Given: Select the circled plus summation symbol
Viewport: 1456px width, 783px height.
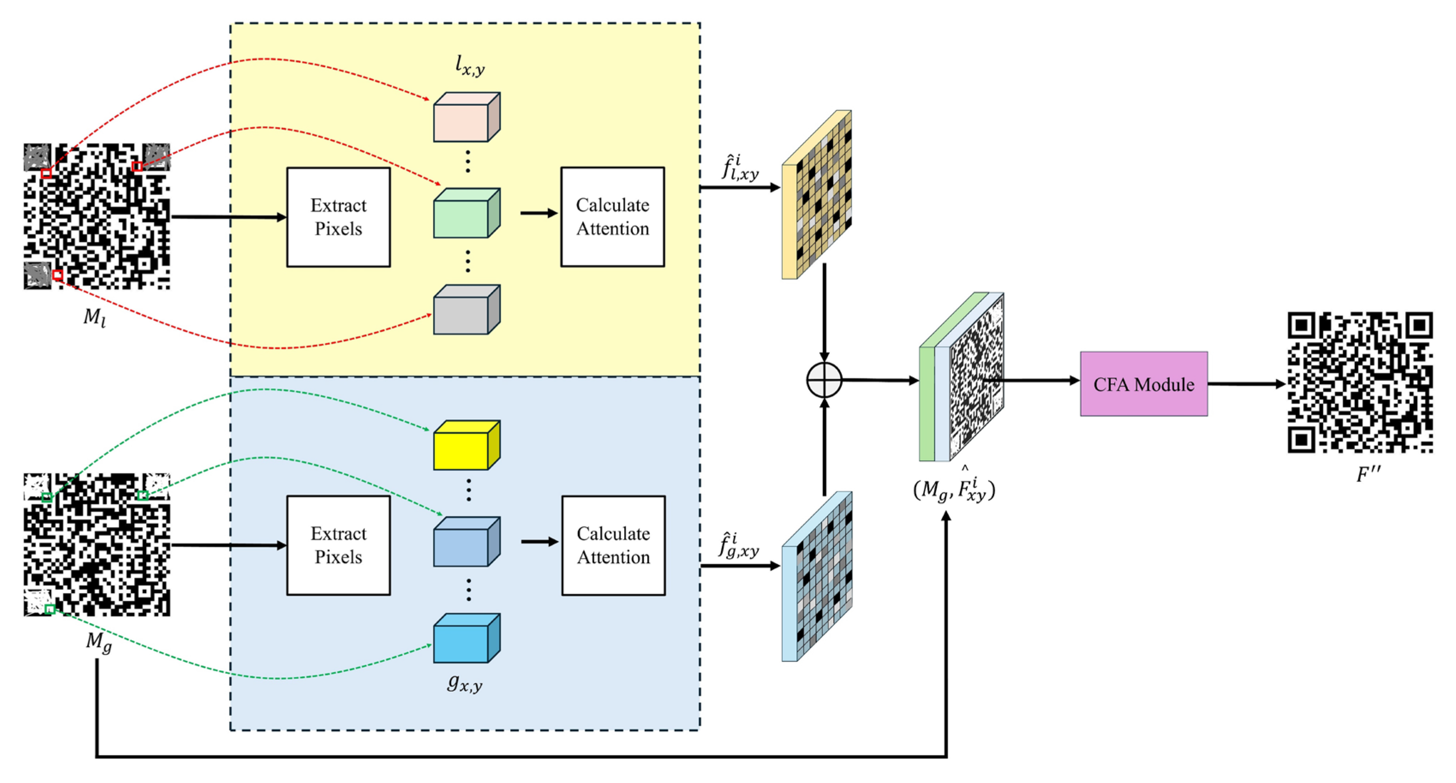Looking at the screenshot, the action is pos(824,380).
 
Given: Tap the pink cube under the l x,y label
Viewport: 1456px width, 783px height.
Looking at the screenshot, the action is pos(466,117).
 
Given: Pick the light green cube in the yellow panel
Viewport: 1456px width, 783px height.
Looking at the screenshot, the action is pos(466,213).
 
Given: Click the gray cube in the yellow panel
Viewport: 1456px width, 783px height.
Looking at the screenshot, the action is pos(466,309).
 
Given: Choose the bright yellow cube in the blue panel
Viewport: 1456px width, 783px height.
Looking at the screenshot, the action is pos(466,445).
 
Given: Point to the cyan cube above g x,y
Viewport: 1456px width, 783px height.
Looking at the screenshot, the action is pos(466,638).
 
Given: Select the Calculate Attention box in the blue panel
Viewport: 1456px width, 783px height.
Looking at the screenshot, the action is pos(613,546).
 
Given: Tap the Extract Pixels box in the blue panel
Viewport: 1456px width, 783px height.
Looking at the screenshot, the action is pos(338,546).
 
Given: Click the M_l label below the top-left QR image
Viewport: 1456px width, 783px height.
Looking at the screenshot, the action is pos(94,318).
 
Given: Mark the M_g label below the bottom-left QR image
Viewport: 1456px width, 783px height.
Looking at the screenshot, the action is pos(99,642).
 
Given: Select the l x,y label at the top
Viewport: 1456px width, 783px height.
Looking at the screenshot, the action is pos(469,66).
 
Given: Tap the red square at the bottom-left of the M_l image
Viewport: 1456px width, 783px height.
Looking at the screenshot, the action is pos(57,275).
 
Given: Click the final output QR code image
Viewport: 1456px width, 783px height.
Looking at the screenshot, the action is pos(1360,382).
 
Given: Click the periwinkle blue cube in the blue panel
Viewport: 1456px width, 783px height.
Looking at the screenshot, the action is pos(466,542).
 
